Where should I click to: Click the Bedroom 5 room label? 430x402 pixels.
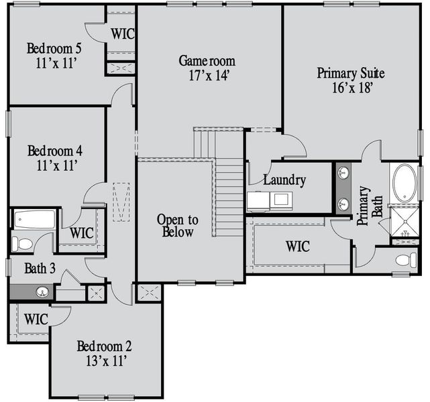(x=54, y=48)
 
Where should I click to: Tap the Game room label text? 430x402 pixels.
(x=207, y=61)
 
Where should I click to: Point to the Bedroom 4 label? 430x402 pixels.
(x=54, y=149)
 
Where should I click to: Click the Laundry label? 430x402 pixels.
(x=284, y=180)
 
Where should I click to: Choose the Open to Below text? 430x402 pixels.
(x=177, y=226)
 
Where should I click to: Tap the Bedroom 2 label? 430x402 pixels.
(x=104, y=346)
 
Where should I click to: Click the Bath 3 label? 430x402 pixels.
(x=40, y=269)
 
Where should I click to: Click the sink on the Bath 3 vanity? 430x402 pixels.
(x=42, y=292)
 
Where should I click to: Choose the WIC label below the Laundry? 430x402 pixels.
(x=297, y=246)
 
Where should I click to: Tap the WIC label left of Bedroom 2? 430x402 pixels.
(x=36, y=319)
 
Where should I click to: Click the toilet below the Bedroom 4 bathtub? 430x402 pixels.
(x=23, y=243)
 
